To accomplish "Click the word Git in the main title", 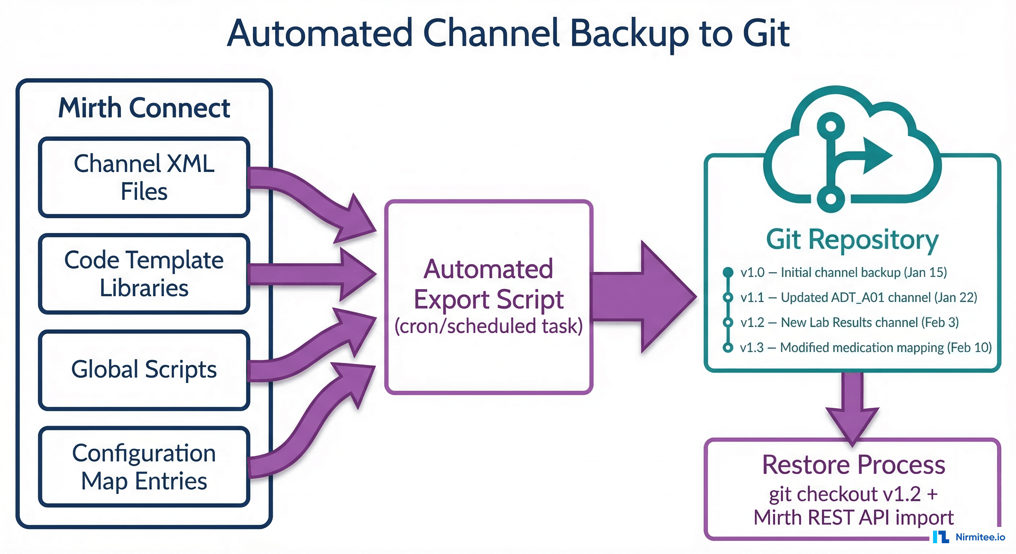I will [766, 34].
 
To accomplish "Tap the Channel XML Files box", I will [144, 177].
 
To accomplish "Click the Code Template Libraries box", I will [144, 274].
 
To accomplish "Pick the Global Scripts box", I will [144, 370].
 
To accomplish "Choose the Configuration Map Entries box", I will [144, 466].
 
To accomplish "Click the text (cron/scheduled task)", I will [488, 326].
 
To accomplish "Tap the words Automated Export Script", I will [488, 284].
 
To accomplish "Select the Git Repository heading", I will [852, 239].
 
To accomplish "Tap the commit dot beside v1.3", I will [728, 347].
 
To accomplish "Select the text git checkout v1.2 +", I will [853, 494].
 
